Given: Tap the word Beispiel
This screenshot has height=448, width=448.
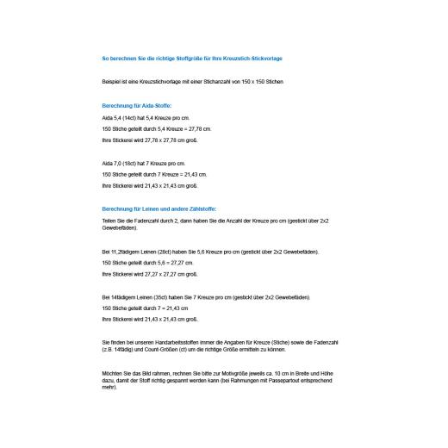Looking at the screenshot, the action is pyautogui.click(x=112, y=81).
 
